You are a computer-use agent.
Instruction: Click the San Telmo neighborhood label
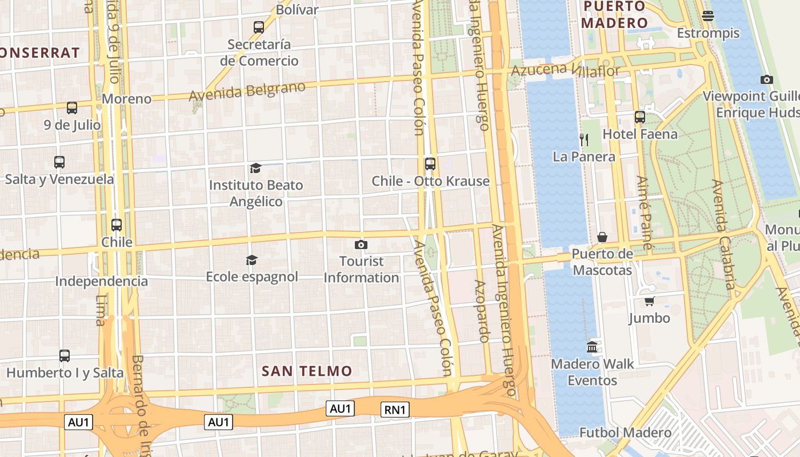pyautogui.click(x=307, y=371)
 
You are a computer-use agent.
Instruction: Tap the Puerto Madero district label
pyautogui.click(x=614, y=15)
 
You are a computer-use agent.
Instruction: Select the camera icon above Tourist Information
pyautogui.click(x=361, y=245)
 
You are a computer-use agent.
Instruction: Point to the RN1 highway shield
pyautogui.click(x=395, y=410)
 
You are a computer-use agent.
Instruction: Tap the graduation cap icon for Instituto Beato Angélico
pyautogui.click(x=255, y=169)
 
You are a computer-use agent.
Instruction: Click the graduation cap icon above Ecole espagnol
pyautogui.click(x=251, y=260)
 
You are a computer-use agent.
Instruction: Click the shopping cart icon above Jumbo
pyautogui.click(x=649, y=301)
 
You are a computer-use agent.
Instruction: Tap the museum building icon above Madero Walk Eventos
pyautogui.click(x=592, y=347)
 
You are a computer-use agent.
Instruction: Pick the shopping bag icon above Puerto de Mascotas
pyautogui.click(x=602, y=237)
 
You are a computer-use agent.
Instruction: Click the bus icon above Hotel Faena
pyautogui.click(x=640, y=117)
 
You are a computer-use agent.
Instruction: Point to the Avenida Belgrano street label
pyautogui.click(x=247, y=91)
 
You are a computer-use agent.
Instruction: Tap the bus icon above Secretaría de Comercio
pyautogui.click(x=259, y=27)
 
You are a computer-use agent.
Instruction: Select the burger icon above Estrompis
pyautogui.click(x=708, y=16)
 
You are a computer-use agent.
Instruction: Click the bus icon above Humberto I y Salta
pyautogui.click(x=65, y=356)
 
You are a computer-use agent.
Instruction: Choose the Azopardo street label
pyautogui.click(x=481, y=311)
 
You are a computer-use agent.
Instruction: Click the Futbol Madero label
pyautogui.click(x=625, y=432)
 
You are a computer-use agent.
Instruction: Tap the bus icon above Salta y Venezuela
pyautogui.click(x=59, y=162)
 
